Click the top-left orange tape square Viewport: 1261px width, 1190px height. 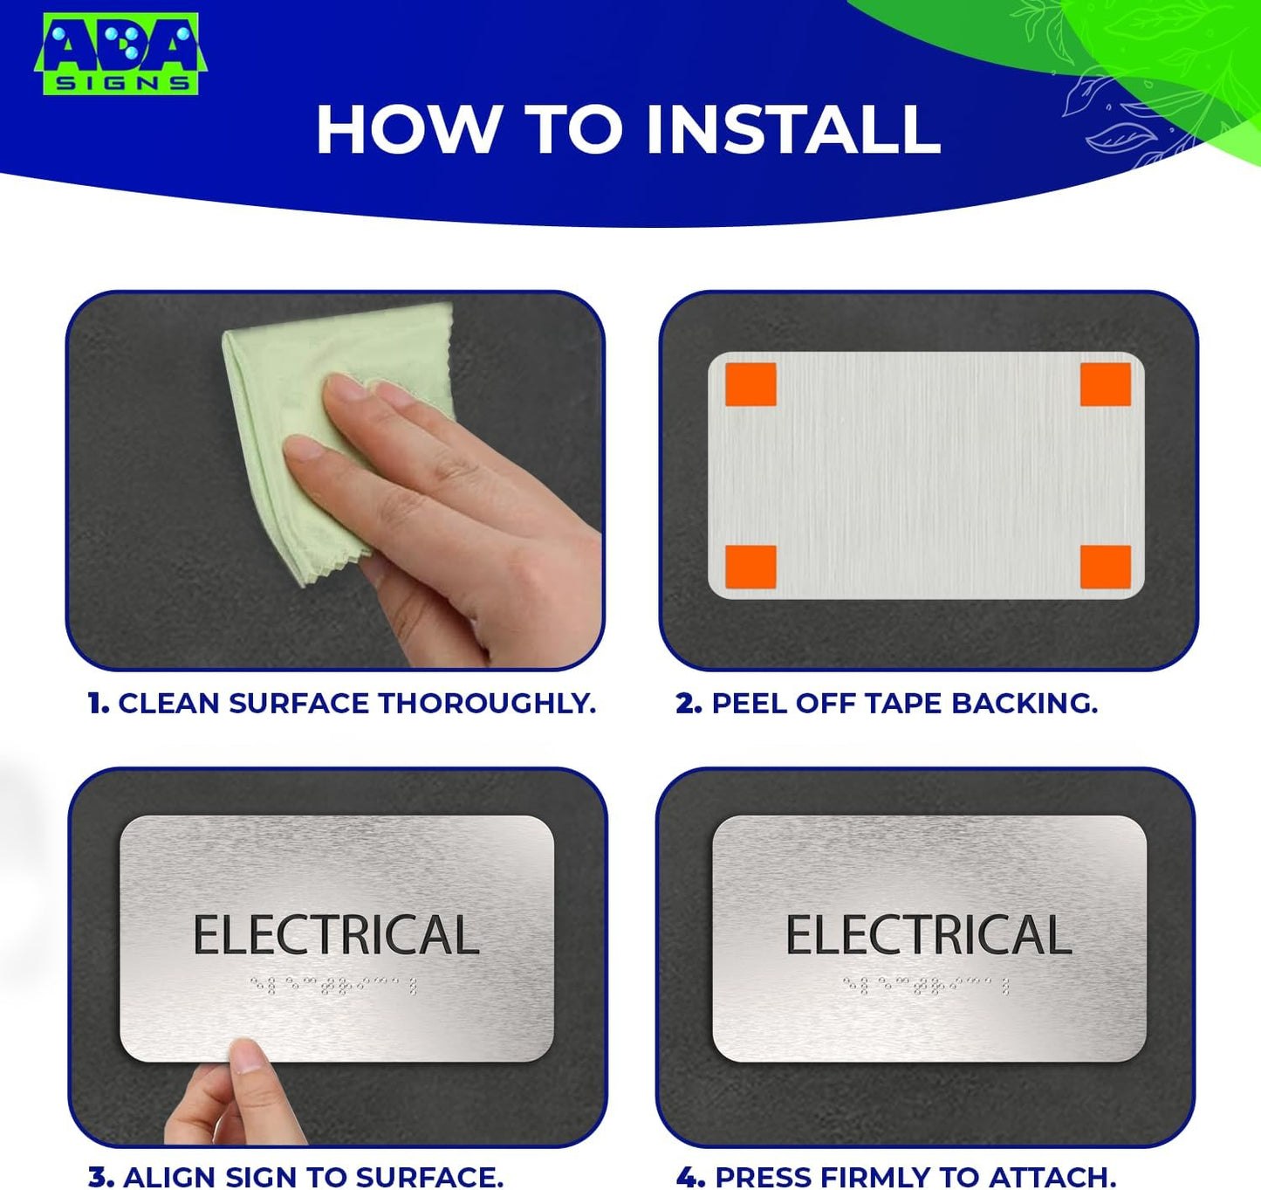[750, 385]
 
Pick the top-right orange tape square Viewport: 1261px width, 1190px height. [1105, 385]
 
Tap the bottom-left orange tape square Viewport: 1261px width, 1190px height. [750, 567]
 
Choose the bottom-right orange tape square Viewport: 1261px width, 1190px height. [1105, 567]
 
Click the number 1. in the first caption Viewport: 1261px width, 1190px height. [99, 704]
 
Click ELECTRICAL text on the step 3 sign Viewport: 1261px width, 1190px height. [336, 935]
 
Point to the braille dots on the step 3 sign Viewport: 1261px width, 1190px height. [334, 986]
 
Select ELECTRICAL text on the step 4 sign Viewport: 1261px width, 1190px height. [929, 935]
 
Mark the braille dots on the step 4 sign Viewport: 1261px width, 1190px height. [927, 986]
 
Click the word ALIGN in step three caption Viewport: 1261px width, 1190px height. [169, 1177]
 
